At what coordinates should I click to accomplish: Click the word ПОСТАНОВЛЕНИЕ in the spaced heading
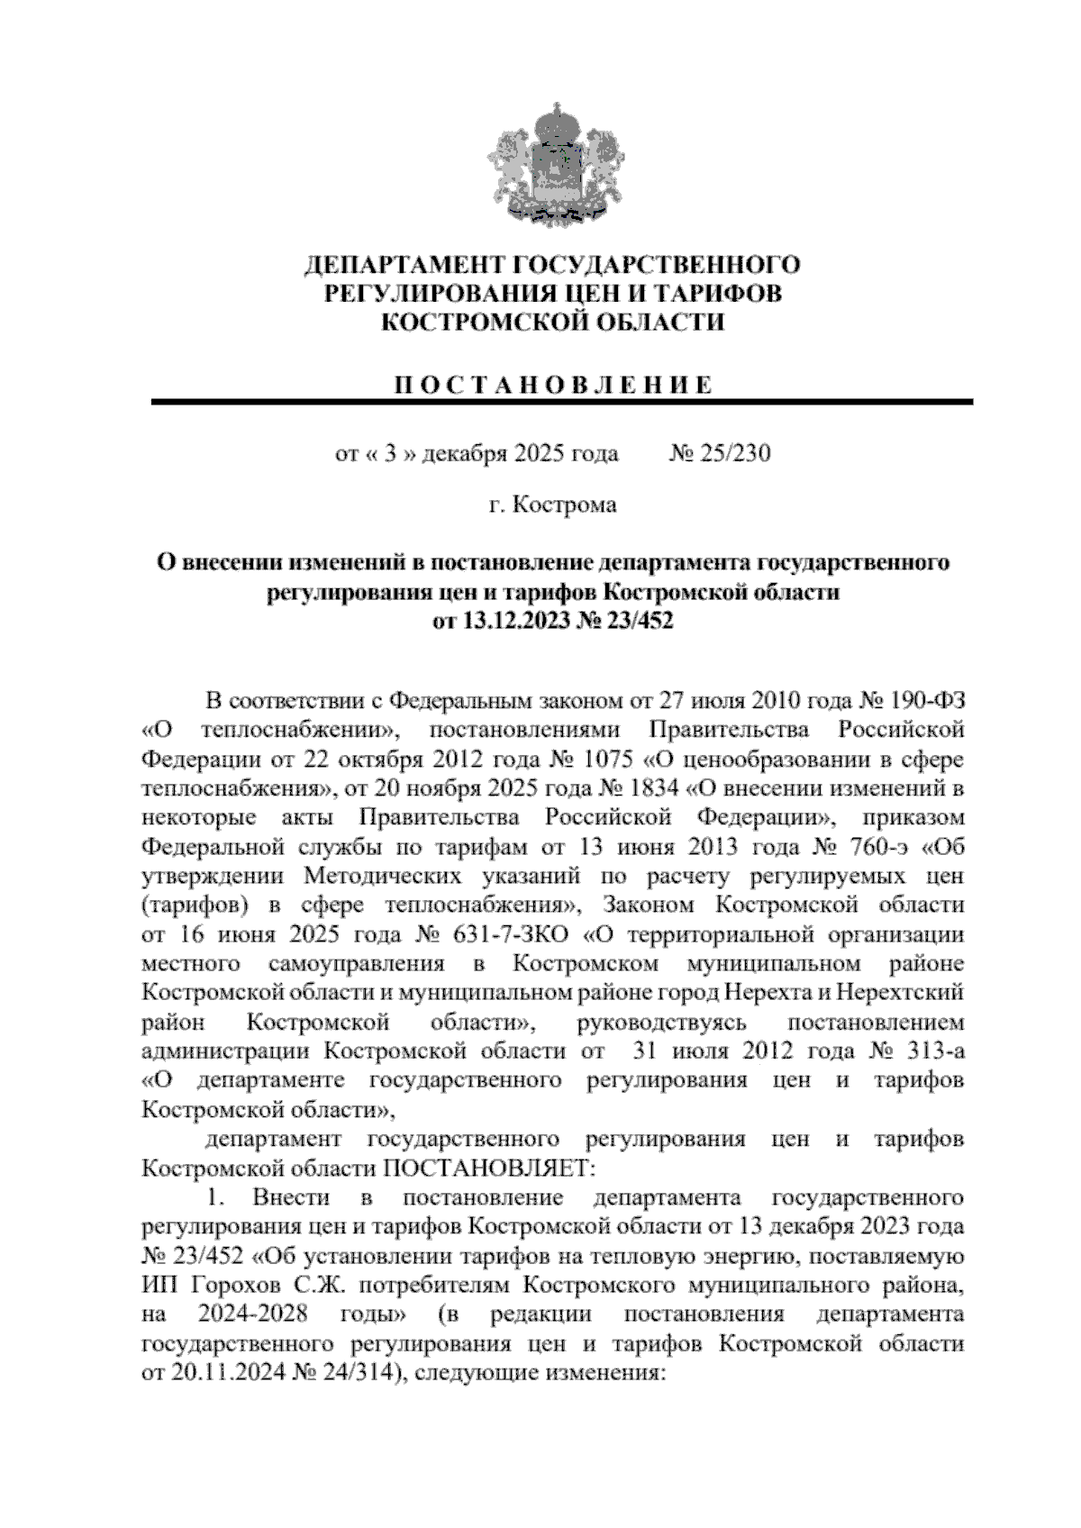pyautogui.click(x=552, y=387)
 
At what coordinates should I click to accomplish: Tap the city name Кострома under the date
pyautogui.click(x=565, y=505)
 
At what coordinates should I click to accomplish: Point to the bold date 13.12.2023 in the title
pyautogui.click(x=514, y=621)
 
